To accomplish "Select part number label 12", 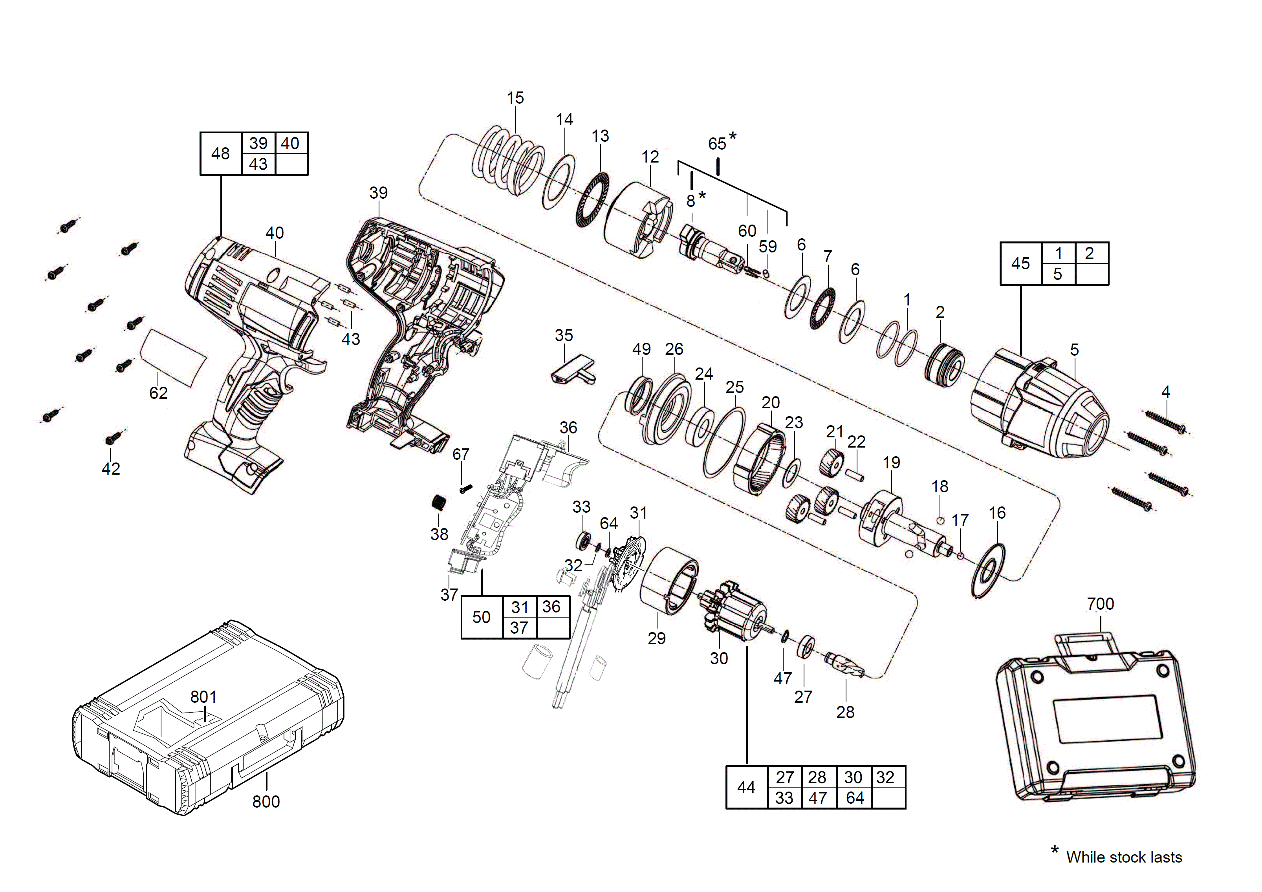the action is pyautogui.click(x=650, y=157).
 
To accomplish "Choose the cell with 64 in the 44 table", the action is pyautogui.click(x=855, y=797).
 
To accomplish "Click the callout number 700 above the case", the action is pyautogui.click(x=1101, y=604).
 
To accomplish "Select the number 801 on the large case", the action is pyautogui.click(x=203, y=696).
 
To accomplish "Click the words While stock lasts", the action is pyautogui.click(x=1124, y=857).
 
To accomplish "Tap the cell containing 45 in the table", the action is pyautogui.click(x=1021, y=264).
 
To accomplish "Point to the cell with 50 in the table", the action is pyautogui.click(x=482, y=617).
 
